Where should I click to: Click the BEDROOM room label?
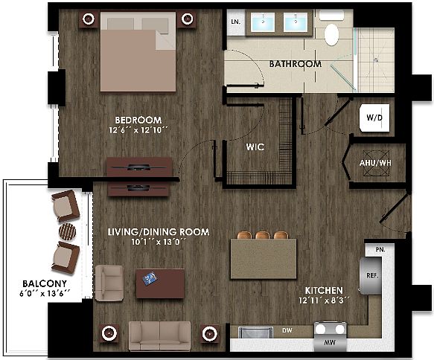click(x=138, y=120)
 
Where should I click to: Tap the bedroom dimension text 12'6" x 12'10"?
click(x=138, y=132)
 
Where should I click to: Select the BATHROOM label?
click(x=296, y=64)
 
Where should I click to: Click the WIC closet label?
click(x=255, y=147)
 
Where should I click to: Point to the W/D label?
click(x=373, y=117)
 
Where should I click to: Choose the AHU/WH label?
click(x=374, y=163)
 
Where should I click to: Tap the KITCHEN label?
click(x=324, y=289)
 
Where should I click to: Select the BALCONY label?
click(x=44, y=283)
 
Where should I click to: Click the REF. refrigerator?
click(x=371, y=274)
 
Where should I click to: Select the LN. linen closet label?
click(x=236, y=22)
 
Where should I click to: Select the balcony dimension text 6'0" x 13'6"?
click(x=45, y=294)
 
